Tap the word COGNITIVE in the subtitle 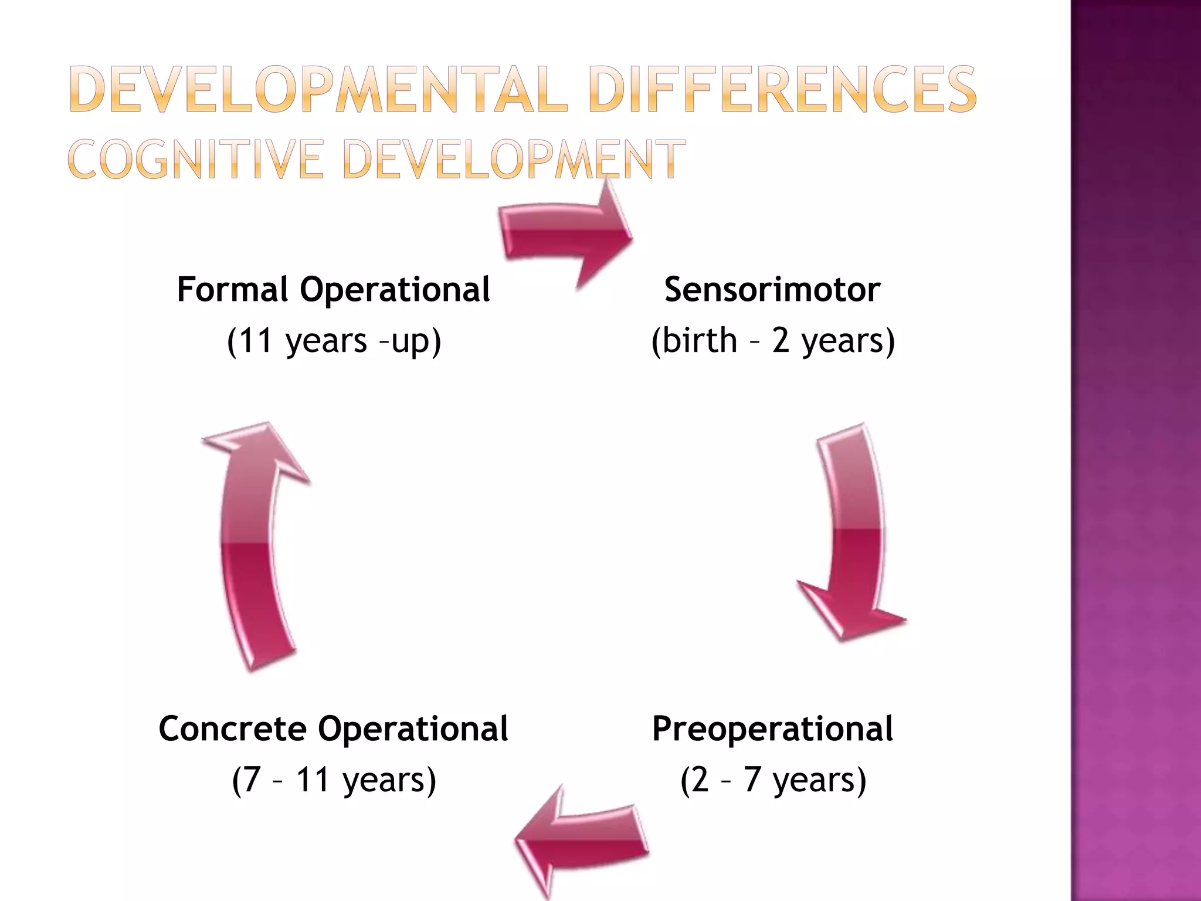pos(196,159)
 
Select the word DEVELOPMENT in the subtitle pos(514,159)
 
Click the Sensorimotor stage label pos(772,290)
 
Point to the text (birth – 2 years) pos(773,341)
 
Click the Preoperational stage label pos(772,729)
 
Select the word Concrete pos(233,729)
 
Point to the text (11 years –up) pos(334,341)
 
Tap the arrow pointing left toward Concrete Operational pos(581,839)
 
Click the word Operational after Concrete pos(413,729)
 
